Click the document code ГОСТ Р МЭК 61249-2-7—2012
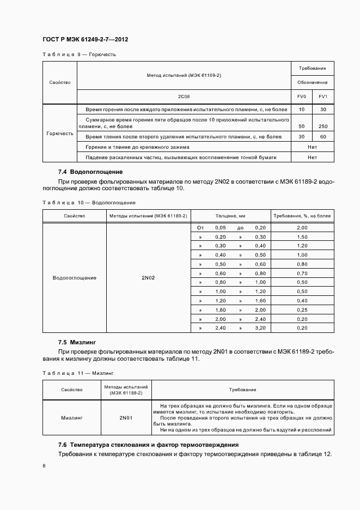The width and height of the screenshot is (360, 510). click(84, 40)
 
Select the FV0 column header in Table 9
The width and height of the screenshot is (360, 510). click(301, 96)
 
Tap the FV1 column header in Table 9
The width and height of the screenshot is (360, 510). click(323, 96)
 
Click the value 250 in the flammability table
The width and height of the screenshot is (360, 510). click(323, 126)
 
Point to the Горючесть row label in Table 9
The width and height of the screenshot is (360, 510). click(60, 133)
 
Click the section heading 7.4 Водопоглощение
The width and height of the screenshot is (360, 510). click(83, 172)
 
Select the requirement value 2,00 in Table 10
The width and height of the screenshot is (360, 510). click(302, 228)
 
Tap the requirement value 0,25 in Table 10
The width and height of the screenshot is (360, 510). click(302, 309)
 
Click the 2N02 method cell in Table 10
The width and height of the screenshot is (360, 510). click(148, 278)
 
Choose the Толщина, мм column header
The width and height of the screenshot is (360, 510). click(230, 216)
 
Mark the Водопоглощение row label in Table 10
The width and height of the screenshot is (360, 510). click(75, 278)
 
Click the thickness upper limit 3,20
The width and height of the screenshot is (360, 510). click(260, 328)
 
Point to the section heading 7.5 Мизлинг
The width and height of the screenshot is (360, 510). click(77, 342)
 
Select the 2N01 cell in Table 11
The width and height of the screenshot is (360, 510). click(126, 418)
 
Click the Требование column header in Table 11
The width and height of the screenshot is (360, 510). click(243, 390)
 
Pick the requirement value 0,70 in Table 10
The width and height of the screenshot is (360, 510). click(302, 273)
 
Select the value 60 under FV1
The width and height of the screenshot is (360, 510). click(323, 137)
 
